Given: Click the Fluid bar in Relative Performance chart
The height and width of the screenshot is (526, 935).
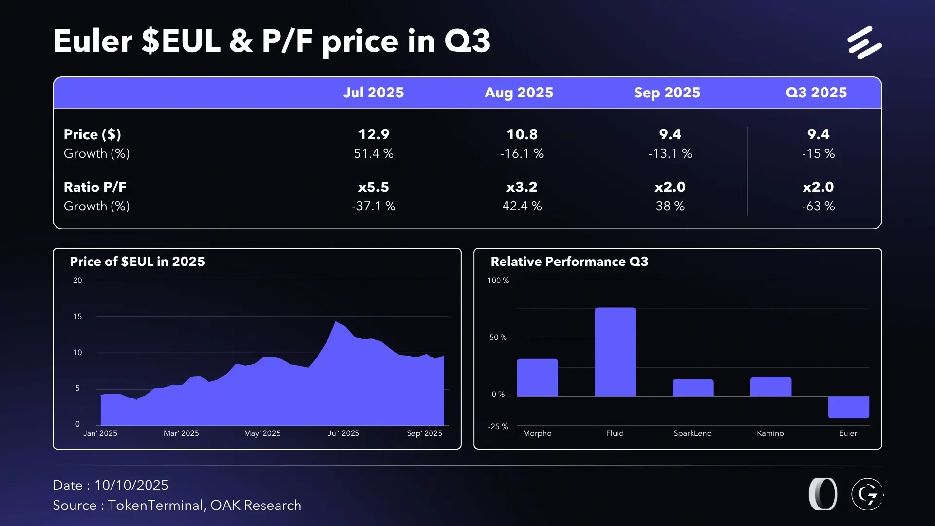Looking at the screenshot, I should coord(615,352).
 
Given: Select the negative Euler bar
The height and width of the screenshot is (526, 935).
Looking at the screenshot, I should coord(848,407).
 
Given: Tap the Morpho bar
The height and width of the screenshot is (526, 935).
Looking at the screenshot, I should coord(537,377).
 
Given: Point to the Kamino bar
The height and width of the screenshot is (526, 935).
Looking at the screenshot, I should coord(770,387).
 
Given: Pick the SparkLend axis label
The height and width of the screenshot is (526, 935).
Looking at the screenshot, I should coord(692,433).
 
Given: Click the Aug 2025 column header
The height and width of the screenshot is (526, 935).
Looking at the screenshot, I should coord(519,93).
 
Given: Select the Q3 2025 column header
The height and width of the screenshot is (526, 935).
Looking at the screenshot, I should coord(816,93).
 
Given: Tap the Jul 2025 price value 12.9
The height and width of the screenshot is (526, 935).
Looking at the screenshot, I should coord(374,134).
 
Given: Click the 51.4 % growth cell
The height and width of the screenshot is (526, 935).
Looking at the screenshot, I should coord(374,153).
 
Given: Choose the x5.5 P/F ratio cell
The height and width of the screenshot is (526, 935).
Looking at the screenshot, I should coord(374,187).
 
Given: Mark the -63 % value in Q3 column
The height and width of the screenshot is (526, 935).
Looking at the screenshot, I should coord(818,206).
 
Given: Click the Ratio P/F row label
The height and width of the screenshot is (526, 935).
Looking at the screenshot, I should coord(95,187).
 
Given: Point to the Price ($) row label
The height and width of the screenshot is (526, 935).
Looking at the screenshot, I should coord(93,134).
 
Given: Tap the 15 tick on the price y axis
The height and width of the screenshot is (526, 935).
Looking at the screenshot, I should coord(77,317).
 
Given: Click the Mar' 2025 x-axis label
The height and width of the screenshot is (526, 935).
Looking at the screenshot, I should coord(181,433).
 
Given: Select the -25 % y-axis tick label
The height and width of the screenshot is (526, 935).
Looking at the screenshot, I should coord(498,426).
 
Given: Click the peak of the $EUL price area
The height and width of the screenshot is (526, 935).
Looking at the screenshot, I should coord(336,322).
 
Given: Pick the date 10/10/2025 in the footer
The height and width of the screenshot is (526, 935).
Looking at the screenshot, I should coord(131,485).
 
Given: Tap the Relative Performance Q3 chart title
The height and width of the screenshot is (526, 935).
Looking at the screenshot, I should coord(569,262).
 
